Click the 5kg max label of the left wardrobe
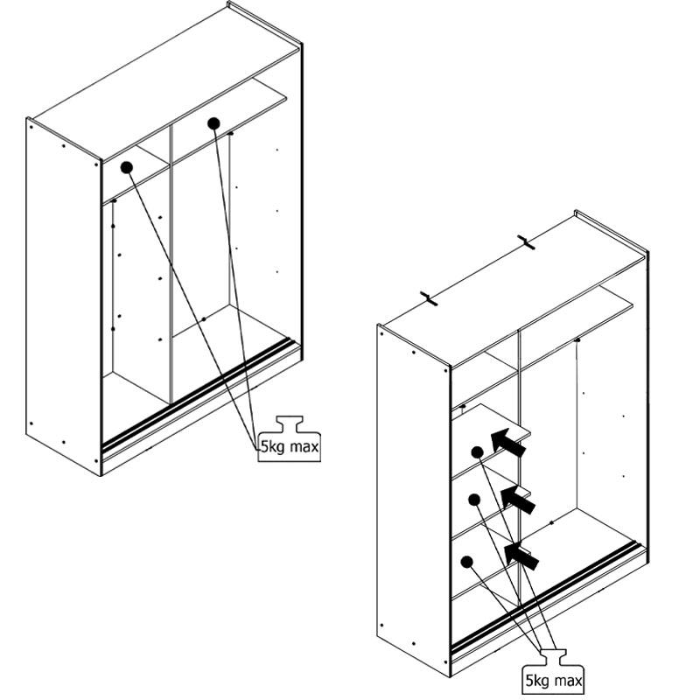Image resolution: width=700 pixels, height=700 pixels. click(x=290, y=446)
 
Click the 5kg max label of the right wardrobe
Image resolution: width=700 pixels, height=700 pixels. click(x=554, y=681)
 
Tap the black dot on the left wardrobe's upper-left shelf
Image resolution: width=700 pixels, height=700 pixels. click(x=127, y=168)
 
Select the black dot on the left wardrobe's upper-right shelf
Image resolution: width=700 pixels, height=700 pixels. click(x=213, y=123)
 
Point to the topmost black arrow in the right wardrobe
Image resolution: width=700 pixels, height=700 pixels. click(x=508, y=443)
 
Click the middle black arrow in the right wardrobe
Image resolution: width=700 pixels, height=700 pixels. click(x=518, y=500)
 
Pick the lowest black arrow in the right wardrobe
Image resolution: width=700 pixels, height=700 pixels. click(x=521, y=556)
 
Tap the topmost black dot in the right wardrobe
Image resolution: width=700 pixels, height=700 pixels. click(x=477, y=452)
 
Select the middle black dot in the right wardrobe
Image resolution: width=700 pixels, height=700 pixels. click(x=474, y=500)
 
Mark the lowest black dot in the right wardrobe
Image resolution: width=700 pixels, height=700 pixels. click(x=467, y=562)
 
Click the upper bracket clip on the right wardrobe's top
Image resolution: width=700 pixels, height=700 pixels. click(x=527, y=242)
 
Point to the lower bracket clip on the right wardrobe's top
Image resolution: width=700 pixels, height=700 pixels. click(x=429, y=298)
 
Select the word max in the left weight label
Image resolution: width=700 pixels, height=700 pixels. click(x=304, y=446)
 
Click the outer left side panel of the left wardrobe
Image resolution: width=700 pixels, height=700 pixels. click(x=63, y=297)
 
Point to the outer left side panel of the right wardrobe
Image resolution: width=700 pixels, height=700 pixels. click(x=413, y=500)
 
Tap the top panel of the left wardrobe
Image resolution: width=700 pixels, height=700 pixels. click(x=166, y=82)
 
